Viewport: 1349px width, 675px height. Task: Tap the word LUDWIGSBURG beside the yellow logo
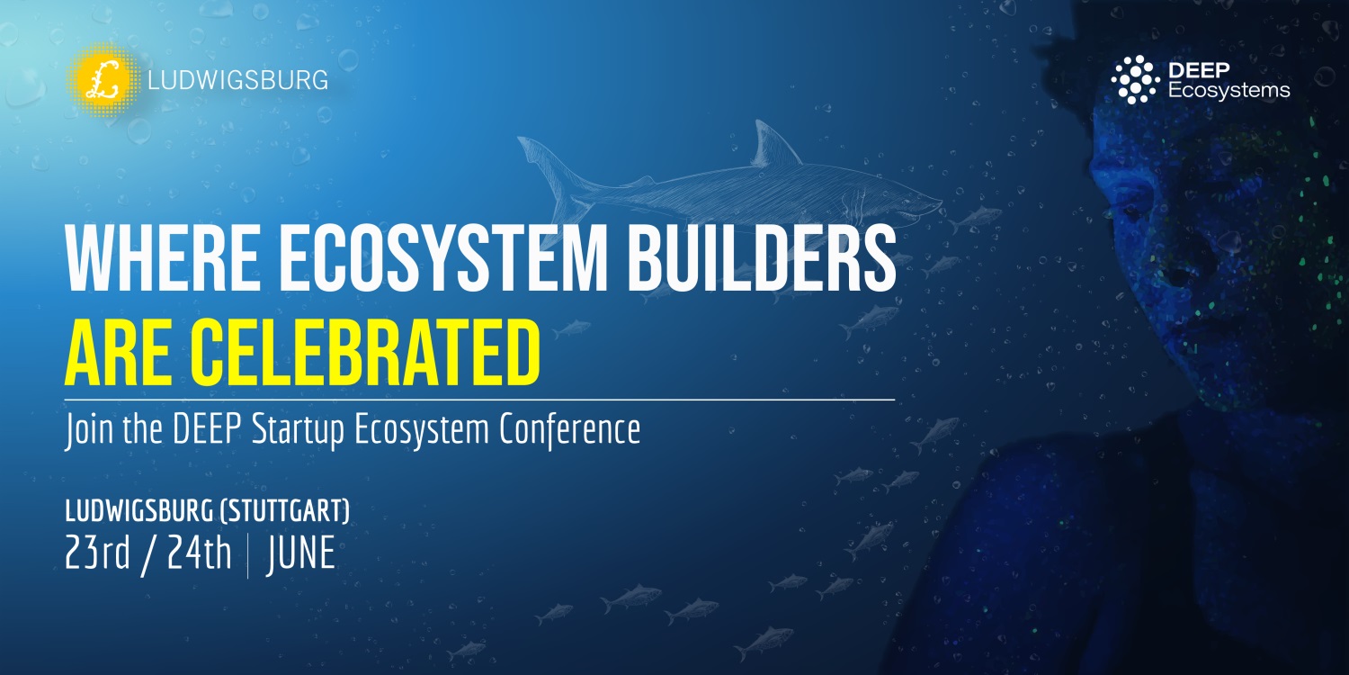pos(238,80)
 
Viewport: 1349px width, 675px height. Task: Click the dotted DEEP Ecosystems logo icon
pos(1135,79)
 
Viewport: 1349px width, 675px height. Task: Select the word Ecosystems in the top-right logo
pos(1228,90)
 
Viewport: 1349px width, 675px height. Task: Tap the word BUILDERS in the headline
pos(762,259)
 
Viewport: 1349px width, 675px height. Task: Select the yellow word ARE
pos(118,353)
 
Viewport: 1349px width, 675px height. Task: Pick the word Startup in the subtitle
pos(298,431)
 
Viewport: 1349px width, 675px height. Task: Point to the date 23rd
pos(97,553)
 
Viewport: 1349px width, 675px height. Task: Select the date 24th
pos(200,553)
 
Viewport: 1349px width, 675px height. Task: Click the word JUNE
pos(300,553)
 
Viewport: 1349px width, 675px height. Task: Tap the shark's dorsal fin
pos(773,145)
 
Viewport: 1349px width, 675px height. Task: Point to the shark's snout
pos(934,202)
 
